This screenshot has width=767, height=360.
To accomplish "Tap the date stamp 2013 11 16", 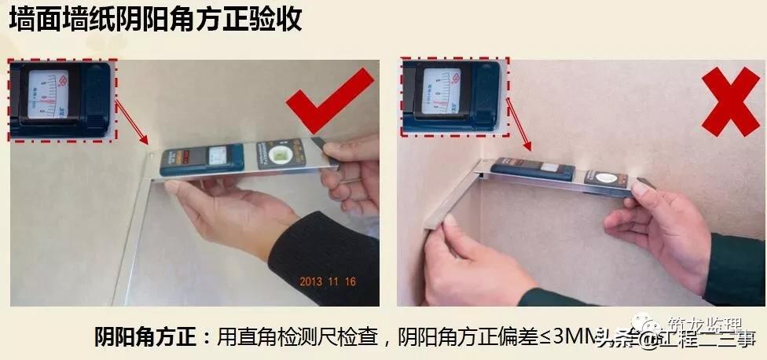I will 328,279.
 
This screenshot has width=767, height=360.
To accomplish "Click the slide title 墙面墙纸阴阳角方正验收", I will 155,20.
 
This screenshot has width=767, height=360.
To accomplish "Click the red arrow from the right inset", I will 519,124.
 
